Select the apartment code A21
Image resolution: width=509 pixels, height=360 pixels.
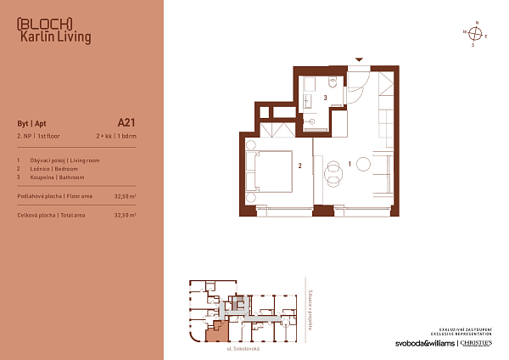pyautogui.click(x=126, y=121)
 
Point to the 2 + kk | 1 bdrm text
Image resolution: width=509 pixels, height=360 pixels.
pyautogui.click(x=116, y=136)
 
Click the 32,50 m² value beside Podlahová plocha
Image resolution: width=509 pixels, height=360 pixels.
pyautogui.click(x=126, y=195)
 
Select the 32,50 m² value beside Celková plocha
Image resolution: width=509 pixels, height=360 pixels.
pyautogui.click(x=126, y=216)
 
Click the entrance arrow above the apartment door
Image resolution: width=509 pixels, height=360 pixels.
pyautogui.click(x=360, y=59)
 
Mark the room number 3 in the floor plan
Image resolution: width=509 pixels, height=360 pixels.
pyautogui.click(x=326, y=98)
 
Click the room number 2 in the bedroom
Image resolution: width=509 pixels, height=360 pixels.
pyautogui.click(x=299, y=166)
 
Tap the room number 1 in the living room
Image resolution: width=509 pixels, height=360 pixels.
pyautogui.click(x=350, y=162)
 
